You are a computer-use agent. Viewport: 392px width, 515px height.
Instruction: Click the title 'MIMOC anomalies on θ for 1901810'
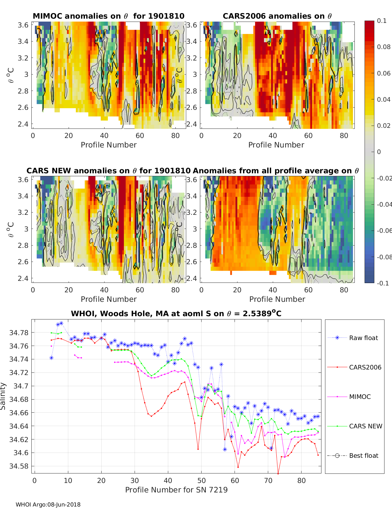point(108,16)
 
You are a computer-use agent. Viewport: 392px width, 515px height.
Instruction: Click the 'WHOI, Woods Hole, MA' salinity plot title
point(176,314)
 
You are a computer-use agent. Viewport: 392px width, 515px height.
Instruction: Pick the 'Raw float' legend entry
point(363,338)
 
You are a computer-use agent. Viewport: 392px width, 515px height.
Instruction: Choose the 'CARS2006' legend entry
point(365,367)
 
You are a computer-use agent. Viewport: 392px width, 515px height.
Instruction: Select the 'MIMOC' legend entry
point(360,397)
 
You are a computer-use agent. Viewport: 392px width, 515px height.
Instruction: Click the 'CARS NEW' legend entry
point(365,426)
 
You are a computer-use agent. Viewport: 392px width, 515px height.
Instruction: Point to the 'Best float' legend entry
point(364,455)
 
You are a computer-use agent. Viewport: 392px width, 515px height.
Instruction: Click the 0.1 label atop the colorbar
point(382,21)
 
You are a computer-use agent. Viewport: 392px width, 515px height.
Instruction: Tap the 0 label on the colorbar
point(379,152)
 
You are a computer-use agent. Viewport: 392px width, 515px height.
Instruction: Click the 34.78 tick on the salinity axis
point(19,333)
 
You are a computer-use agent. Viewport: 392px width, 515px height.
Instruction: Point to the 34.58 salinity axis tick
point(19,466)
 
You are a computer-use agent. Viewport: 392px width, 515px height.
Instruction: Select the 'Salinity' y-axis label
point(3,396)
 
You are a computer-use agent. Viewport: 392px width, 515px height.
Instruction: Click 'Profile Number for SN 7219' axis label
point(176,490)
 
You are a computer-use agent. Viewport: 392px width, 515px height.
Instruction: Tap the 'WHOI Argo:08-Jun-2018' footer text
point(48,505)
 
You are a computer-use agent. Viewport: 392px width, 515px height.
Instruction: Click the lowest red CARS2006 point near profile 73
point(278,473)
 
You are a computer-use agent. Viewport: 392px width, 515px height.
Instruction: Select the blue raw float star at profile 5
point(51,358)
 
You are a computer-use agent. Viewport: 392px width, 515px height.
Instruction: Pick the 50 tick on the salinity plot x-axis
point(202,480)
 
